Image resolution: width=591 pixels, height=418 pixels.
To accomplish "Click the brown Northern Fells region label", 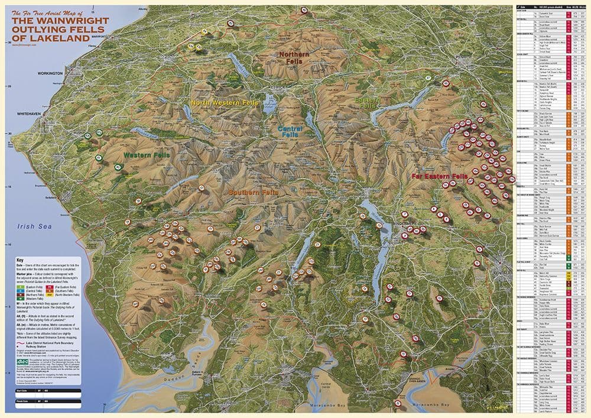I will (x=291, y=57).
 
